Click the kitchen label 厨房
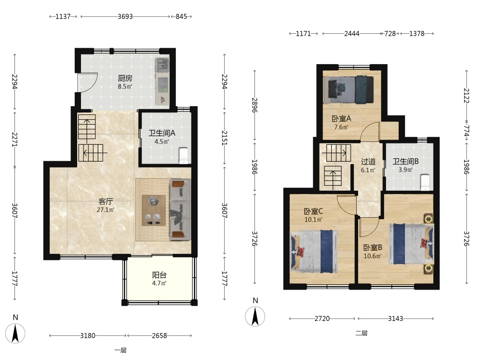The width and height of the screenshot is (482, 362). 125,79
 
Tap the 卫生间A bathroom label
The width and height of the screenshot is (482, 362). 161,133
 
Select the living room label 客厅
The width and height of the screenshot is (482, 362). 106,202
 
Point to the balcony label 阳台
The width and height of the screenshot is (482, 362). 159,275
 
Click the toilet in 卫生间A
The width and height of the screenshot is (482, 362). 184,155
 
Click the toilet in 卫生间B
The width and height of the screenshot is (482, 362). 425,182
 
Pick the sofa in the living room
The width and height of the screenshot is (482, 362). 180,209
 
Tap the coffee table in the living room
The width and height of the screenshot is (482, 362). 154,210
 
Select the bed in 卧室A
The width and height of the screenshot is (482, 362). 348,89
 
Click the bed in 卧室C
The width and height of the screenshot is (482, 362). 314,251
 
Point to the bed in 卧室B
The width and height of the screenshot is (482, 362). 411,244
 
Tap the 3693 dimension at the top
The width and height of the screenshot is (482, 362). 125,16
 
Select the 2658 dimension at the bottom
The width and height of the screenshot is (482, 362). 159,335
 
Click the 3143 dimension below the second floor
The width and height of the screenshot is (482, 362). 395,319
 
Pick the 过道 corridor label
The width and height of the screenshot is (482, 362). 368,162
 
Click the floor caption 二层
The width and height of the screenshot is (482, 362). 361,333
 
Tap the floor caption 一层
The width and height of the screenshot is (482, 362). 120,350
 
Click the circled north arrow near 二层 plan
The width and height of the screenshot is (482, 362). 255,316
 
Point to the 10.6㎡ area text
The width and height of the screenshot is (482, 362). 373,256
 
